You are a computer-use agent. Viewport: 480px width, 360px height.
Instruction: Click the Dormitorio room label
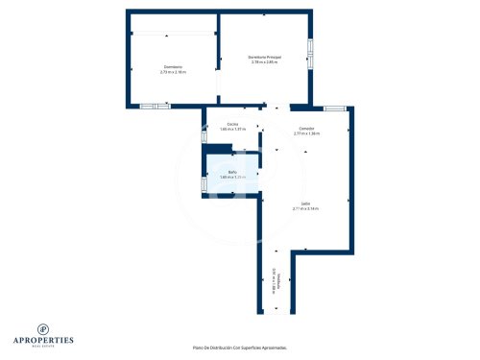click(x=173, y=66)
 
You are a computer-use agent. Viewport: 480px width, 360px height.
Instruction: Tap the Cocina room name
click(x=232, y=125)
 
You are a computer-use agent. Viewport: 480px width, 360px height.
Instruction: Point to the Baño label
click(x=232, y=173)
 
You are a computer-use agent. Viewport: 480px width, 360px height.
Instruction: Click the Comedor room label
click(x=306, y=129)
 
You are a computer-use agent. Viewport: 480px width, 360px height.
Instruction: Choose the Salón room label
click(x=305, y=204)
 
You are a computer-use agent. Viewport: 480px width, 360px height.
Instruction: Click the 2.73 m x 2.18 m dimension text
click(x=173, y=72)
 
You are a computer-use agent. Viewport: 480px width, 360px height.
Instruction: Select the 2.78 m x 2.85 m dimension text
click(x=264, y=63)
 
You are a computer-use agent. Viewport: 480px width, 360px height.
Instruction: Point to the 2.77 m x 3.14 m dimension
click(x=306, y=208)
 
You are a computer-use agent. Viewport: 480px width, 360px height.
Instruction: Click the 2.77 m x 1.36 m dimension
click(x=306, y=133)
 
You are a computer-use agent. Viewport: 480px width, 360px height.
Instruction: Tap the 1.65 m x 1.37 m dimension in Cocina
click(x=232, y=130)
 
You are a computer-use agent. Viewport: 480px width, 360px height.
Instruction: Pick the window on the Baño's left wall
click(x=204, y=183)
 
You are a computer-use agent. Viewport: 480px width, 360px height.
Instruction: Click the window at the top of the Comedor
click(x=334, y=108)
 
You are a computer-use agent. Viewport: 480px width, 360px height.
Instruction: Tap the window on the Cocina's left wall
click(x=204, y=137)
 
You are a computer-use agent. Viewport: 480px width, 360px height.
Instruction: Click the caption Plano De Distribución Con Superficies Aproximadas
click(x=239, y=348)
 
